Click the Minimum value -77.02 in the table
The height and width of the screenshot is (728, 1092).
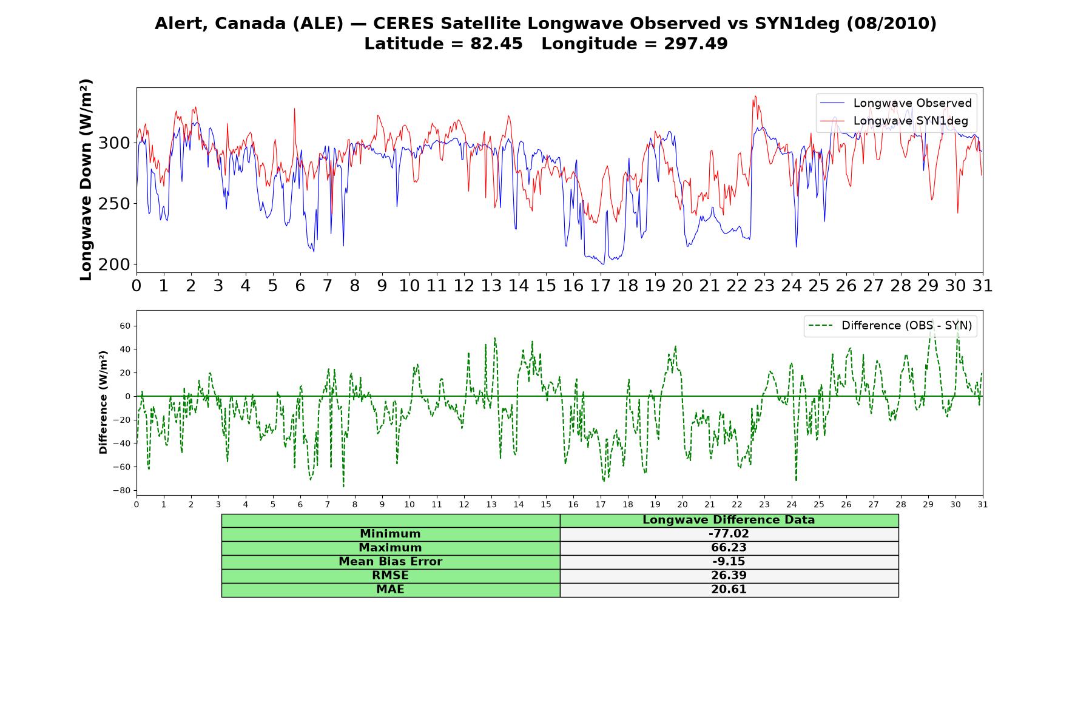729,534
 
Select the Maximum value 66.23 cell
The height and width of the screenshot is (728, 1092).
729,548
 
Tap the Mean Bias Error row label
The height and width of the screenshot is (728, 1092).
390,562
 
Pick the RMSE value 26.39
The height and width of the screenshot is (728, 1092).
729,576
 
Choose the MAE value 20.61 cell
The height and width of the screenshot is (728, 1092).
729,590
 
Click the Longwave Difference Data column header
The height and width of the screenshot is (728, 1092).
729,520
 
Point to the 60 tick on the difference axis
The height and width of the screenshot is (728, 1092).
126,326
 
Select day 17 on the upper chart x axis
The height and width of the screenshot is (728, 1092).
600,285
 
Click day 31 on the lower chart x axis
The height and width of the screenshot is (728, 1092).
982,505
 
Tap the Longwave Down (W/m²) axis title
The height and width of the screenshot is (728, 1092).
86,180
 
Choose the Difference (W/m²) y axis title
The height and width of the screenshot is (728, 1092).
103,402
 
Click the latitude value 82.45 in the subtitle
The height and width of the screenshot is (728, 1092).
496,44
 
